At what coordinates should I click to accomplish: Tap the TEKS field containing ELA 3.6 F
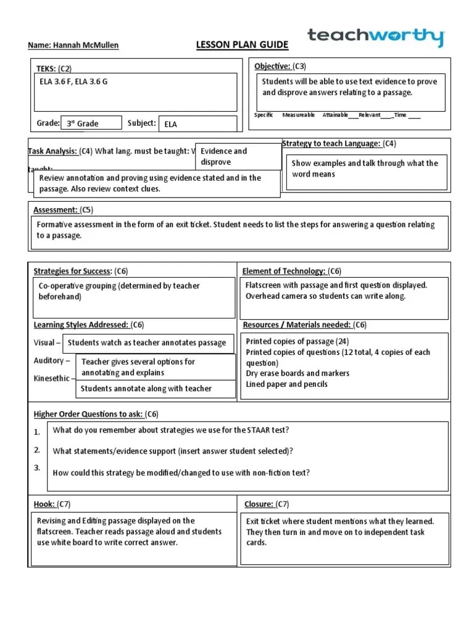134,91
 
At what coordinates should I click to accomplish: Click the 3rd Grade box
91,123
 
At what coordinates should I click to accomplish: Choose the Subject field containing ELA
197,123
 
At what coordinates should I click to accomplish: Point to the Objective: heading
272,66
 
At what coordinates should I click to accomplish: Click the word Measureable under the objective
299,115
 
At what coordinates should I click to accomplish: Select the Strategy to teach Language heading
331,144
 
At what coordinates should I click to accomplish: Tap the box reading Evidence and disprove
238,157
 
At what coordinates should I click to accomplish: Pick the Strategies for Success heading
72,271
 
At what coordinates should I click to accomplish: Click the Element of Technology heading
284,271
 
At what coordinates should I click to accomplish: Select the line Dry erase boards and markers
297,373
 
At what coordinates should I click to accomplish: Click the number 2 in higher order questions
37,449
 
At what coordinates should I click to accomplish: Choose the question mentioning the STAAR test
171,430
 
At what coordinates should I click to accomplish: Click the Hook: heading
43,504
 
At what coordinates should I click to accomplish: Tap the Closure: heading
259,504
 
